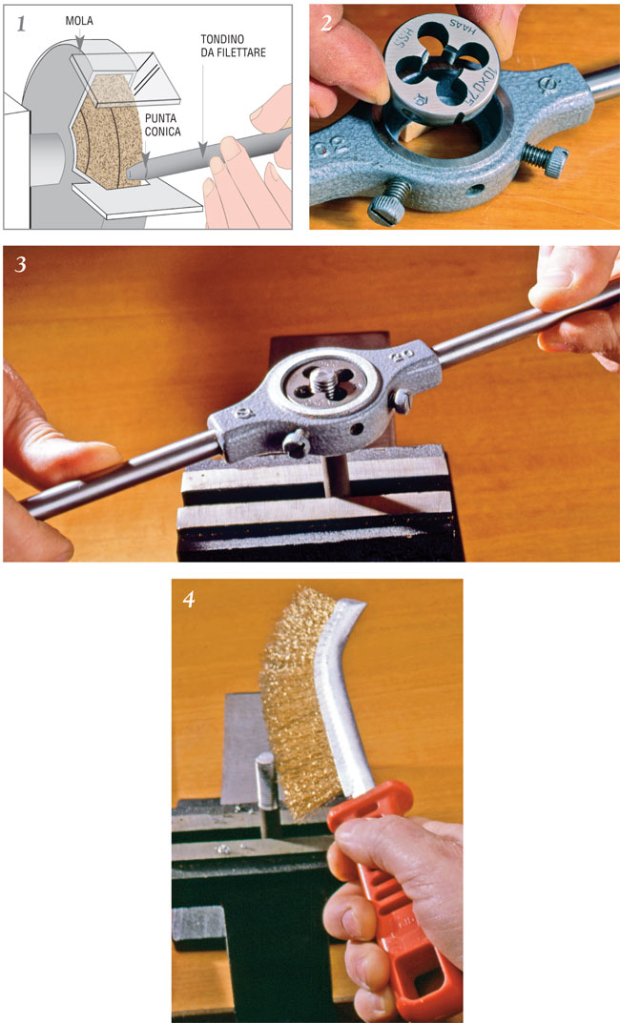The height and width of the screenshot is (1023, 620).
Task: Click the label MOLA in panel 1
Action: [x=79, y=20]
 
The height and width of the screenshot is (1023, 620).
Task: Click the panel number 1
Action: [x=19, y=23]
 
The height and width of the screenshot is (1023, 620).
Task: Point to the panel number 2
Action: [x=326, y=21]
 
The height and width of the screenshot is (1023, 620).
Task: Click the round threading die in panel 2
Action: [x=444, y=72]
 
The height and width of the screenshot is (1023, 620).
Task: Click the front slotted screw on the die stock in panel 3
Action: [x=298, y=440]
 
